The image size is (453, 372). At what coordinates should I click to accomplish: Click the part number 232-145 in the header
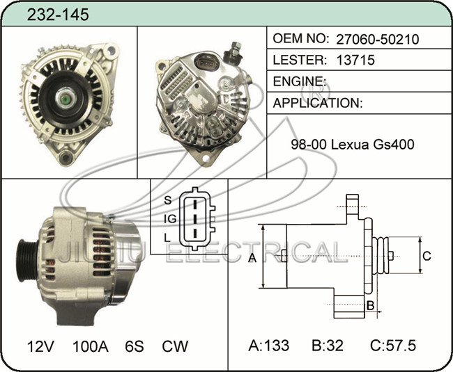(58, 15)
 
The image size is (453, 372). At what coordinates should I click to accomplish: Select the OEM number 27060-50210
(377, 39)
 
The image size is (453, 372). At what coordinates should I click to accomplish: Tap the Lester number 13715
(355, 60)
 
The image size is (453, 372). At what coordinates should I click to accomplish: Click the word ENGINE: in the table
(299, 81)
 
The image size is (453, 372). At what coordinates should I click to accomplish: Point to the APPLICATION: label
(318, 103)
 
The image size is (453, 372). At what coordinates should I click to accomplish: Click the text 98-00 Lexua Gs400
(353, 145)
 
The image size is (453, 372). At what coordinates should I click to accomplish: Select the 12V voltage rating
(40, 346)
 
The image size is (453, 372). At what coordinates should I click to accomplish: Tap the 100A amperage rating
(91, 346)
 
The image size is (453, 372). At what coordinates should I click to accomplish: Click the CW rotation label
(175, 346)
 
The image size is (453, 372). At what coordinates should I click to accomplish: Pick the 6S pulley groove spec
(135, 346)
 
